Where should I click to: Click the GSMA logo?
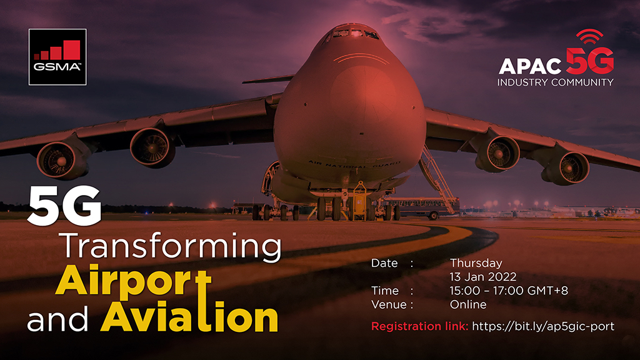57,57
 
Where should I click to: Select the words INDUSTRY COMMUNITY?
555,82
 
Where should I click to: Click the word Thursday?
476,263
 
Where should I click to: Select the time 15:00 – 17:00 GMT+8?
508,291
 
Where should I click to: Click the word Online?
468,305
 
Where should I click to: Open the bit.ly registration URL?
543,326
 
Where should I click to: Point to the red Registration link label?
419,326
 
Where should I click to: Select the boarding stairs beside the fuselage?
437,172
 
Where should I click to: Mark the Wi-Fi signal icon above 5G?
589,36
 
